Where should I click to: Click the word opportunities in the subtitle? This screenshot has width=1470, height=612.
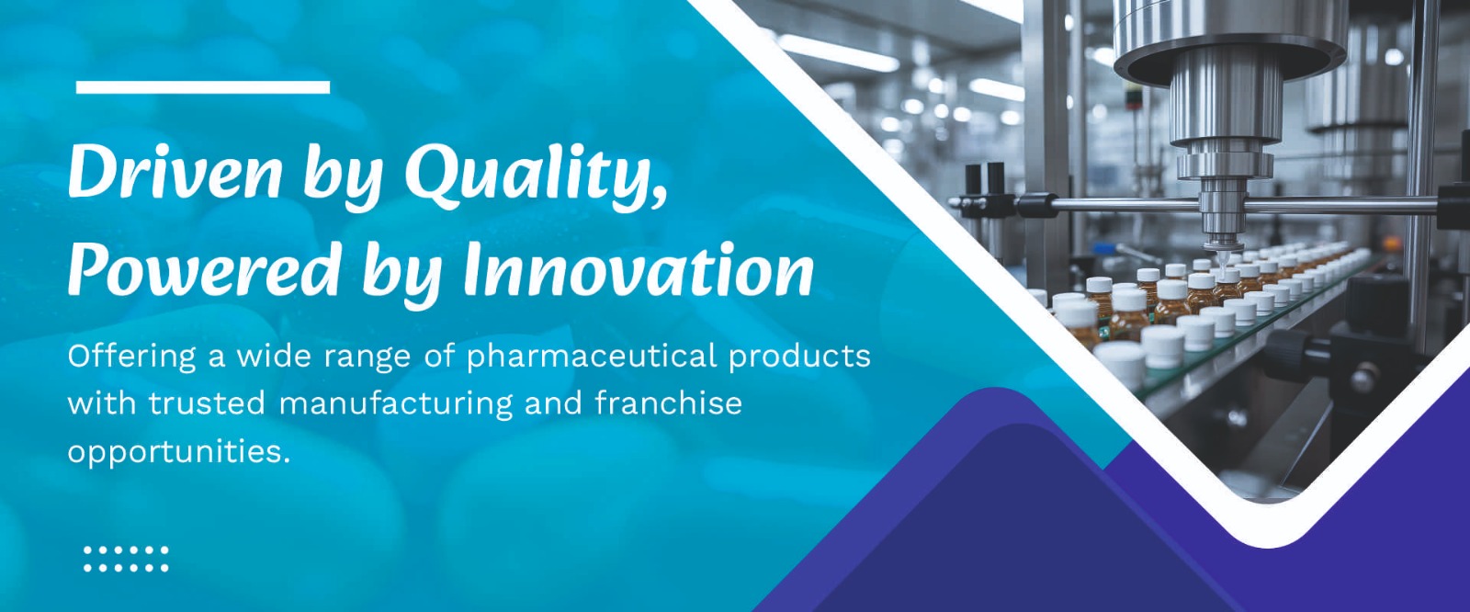[x=178, y=453]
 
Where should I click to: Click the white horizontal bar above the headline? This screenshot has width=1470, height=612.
[x=203, y=87]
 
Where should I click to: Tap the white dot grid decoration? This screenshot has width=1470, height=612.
[x=126, y=559]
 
